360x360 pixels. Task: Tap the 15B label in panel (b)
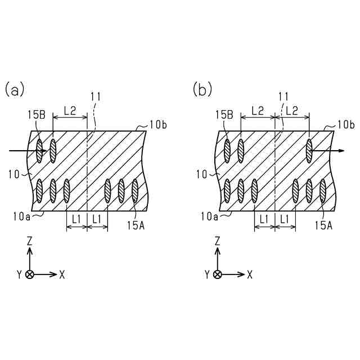click(x=224, y=115)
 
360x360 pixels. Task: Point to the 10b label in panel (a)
click(x=158, y=125)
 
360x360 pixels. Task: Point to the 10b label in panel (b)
click(x=346, y=125)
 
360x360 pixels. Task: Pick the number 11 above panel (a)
click(x=95, y=97)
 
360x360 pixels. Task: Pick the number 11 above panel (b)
click(x=283, y=97)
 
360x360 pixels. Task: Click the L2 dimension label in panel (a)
click(x=70, y=111)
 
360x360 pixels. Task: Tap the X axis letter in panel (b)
click(x=250, y=274)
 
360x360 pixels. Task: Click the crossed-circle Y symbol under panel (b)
click(x=217, y=274)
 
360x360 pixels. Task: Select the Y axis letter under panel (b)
click(x=207, y=274)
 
